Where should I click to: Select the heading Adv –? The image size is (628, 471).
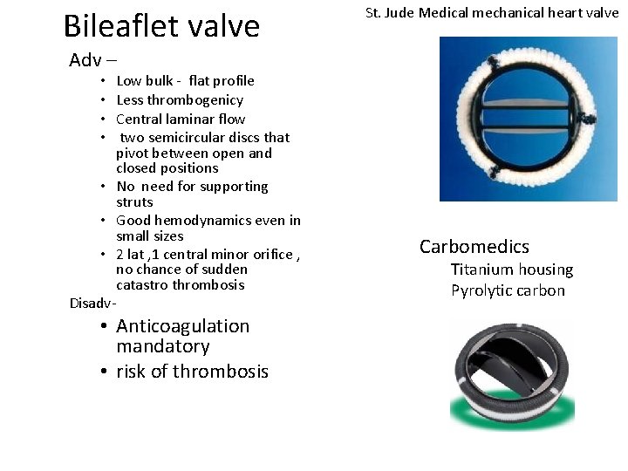92,60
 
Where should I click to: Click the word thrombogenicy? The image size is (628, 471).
196,99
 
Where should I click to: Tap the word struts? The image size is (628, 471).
135,201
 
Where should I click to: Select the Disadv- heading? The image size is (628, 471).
92,304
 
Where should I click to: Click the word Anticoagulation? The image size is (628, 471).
182,326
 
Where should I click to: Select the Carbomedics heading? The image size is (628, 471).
474,247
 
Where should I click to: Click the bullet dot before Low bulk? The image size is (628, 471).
103,81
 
